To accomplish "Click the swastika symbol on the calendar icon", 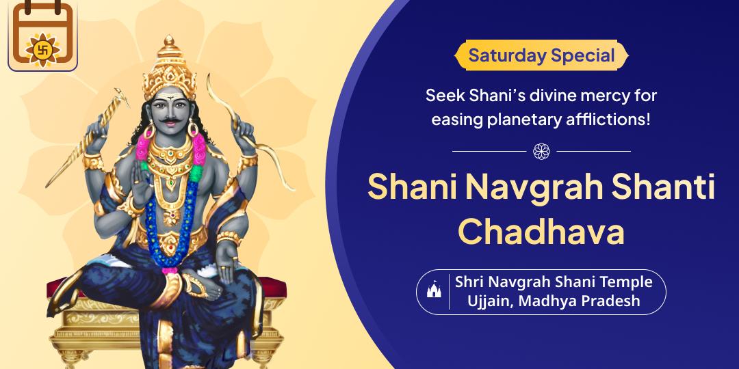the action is pos(42,49).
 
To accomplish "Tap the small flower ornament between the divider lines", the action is pos(541,151).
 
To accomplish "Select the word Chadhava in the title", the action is pos(541,232).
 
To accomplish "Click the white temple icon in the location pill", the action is pos(434,290).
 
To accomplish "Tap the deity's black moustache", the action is pos(169,121).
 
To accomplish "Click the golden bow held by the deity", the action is pos(245,132).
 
